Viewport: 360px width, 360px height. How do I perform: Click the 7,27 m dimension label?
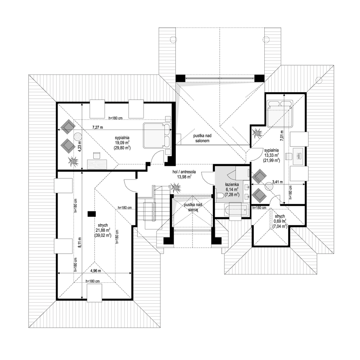coord(98,127)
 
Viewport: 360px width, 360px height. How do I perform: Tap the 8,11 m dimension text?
coord(80,242)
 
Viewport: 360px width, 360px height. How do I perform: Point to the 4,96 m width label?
coord(96,271)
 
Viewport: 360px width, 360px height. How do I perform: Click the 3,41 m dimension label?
coord(277,182)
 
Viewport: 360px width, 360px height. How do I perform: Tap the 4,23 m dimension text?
coord(80,145)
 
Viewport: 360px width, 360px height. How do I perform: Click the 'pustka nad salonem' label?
coord(202,139)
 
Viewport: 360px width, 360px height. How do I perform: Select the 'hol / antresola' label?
coord(184,172)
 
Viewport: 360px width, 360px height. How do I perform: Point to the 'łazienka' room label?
coord(232,184)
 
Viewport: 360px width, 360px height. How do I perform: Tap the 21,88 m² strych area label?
coord(103,230)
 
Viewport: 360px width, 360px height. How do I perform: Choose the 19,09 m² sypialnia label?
coord(122,143)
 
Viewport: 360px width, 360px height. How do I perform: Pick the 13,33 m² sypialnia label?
coord(271,155)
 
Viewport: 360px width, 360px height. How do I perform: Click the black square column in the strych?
coord(92,214)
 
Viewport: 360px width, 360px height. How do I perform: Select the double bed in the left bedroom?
coord(156,135)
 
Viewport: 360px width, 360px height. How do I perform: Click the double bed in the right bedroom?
coord(280,113)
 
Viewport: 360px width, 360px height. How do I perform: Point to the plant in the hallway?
coord(176,187)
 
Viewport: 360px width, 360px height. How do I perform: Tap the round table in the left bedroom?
coord(78,137)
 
